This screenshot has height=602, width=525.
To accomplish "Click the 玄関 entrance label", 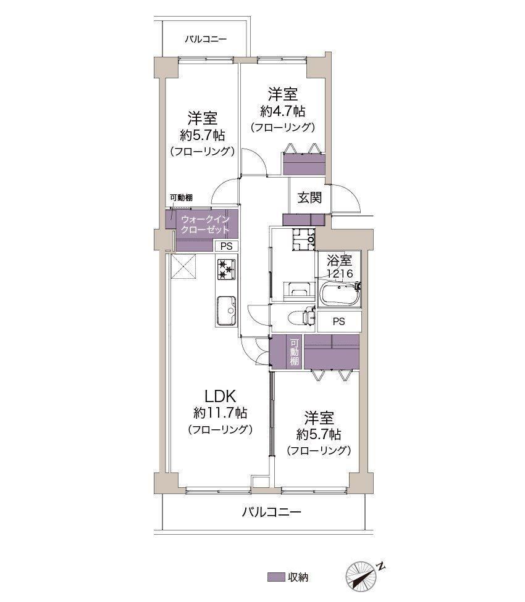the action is click(x=309, y=198).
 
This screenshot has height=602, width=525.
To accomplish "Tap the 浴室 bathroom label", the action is click(x=339, y=261).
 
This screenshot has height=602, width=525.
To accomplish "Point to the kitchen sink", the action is click(x=226, y=311).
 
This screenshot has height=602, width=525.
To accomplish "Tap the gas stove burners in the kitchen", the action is click(x=227, y=270).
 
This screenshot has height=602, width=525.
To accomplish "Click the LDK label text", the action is click(x=220, y=396).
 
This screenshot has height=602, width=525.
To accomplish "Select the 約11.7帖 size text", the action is click(x=220, y=413).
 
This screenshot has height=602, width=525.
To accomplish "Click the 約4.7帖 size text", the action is click(x=283, y=112).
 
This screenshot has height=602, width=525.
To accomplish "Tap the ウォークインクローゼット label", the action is click(x=205, y=225).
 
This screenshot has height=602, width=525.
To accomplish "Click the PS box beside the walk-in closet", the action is click(x=227, y=246).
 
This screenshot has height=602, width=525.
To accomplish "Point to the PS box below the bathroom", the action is click(x=339, y=321).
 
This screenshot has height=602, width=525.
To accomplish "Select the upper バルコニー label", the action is click(x=206, y=39).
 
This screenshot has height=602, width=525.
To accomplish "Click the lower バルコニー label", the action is click(x=271, y=512).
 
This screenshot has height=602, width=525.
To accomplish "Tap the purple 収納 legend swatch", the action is click(x=276, y=577).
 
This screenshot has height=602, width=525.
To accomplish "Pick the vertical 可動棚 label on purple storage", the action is click(x=294, y=352).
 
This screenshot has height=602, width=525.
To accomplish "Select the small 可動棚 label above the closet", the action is click(x=182, y=198).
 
